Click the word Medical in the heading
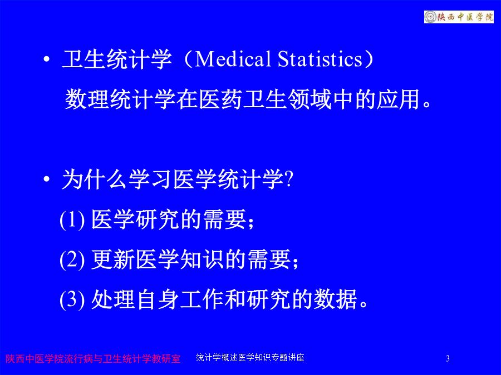point(233,59)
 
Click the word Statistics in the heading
point(320,59)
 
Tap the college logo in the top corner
point(459,17)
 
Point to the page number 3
point(448,358)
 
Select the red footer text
point(93,359)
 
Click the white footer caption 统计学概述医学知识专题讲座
point(250,357)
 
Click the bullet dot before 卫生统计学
point(47,59)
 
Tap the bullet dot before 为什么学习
point(47,179)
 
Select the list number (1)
point(72,219)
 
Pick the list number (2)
point(72,259)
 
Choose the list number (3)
point(72,299)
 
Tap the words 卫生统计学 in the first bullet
point(117,59)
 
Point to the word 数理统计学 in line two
point(120,99)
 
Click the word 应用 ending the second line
point(398,99)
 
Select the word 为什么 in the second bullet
point(95,179)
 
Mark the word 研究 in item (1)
point(158,219)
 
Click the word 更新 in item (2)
point(113,259)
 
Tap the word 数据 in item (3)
point(336,299)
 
